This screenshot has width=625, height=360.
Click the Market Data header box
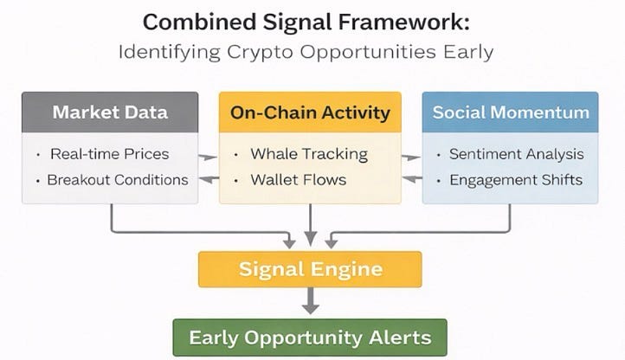pyautogui.click(x=109, y=112)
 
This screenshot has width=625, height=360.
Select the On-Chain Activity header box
pyautogui.click(x=310, y=112)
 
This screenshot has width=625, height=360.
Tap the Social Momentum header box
pyautogui.click(x=510, y=112)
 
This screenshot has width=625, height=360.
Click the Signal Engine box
pyautogui.click(x=310, y=269)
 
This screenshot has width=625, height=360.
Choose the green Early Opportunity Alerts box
pyautogui.click(x=310, y=337)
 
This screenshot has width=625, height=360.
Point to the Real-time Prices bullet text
pyautogui.click(x=109, y=155)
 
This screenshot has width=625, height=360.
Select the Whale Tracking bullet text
pyautogui.click(x=309, y=155)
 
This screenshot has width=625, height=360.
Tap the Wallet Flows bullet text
pyautogui.click(x=298, y=180)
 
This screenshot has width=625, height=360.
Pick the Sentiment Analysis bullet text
pyautogui.click(x=516, y=155)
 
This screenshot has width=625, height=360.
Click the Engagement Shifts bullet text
pyautogui.click(x=516, y=180)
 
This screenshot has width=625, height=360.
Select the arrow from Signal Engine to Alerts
pyautogui.click(x=310, y=301)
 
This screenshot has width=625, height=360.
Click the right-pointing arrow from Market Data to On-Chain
pyautogui.click(x=208, y=157)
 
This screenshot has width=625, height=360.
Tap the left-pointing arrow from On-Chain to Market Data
pyautogui.click(x=208, y=179)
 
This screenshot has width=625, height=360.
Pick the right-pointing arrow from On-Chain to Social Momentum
pyautogui.click(x=411, y=157)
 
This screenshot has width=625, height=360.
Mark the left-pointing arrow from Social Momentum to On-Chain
pyautogui.click(x=411, y=179)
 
